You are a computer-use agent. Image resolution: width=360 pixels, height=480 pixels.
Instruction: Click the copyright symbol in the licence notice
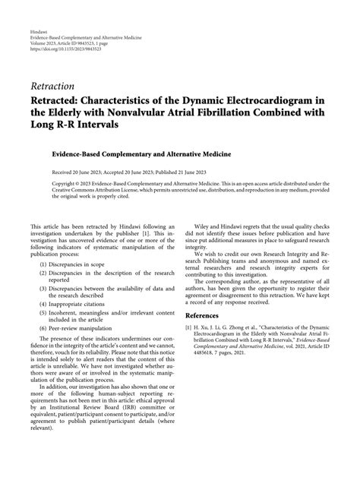(81, 184)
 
